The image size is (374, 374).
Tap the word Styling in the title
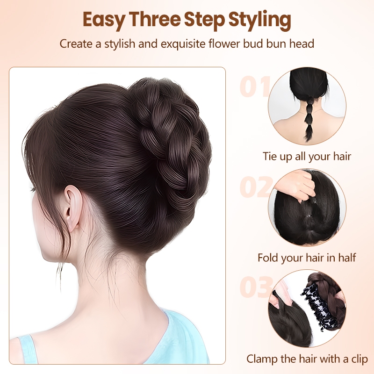point(259,20)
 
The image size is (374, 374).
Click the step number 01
point(254,86)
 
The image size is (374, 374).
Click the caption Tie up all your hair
point(307,157)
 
